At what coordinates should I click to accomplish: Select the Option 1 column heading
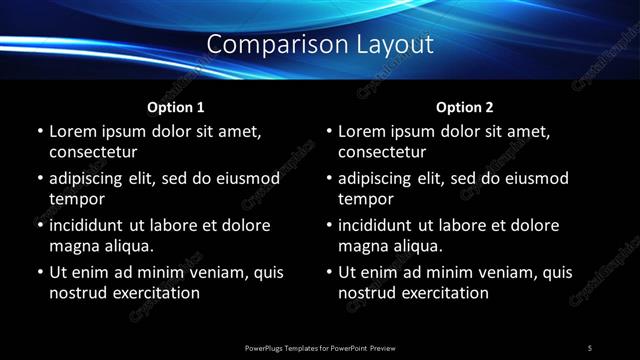point(176,106)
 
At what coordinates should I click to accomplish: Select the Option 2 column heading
point(465,106)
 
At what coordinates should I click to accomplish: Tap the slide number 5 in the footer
point(590,347)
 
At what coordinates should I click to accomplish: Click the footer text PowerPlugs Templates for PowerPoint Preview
point(320,347)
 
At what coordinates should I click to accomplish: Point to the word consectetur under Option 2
point(382,152)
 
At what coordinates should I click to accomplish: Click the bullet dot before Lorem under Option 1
point(39,131)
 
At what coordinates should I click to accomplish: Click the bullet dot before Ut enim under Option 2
point(328,272)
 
